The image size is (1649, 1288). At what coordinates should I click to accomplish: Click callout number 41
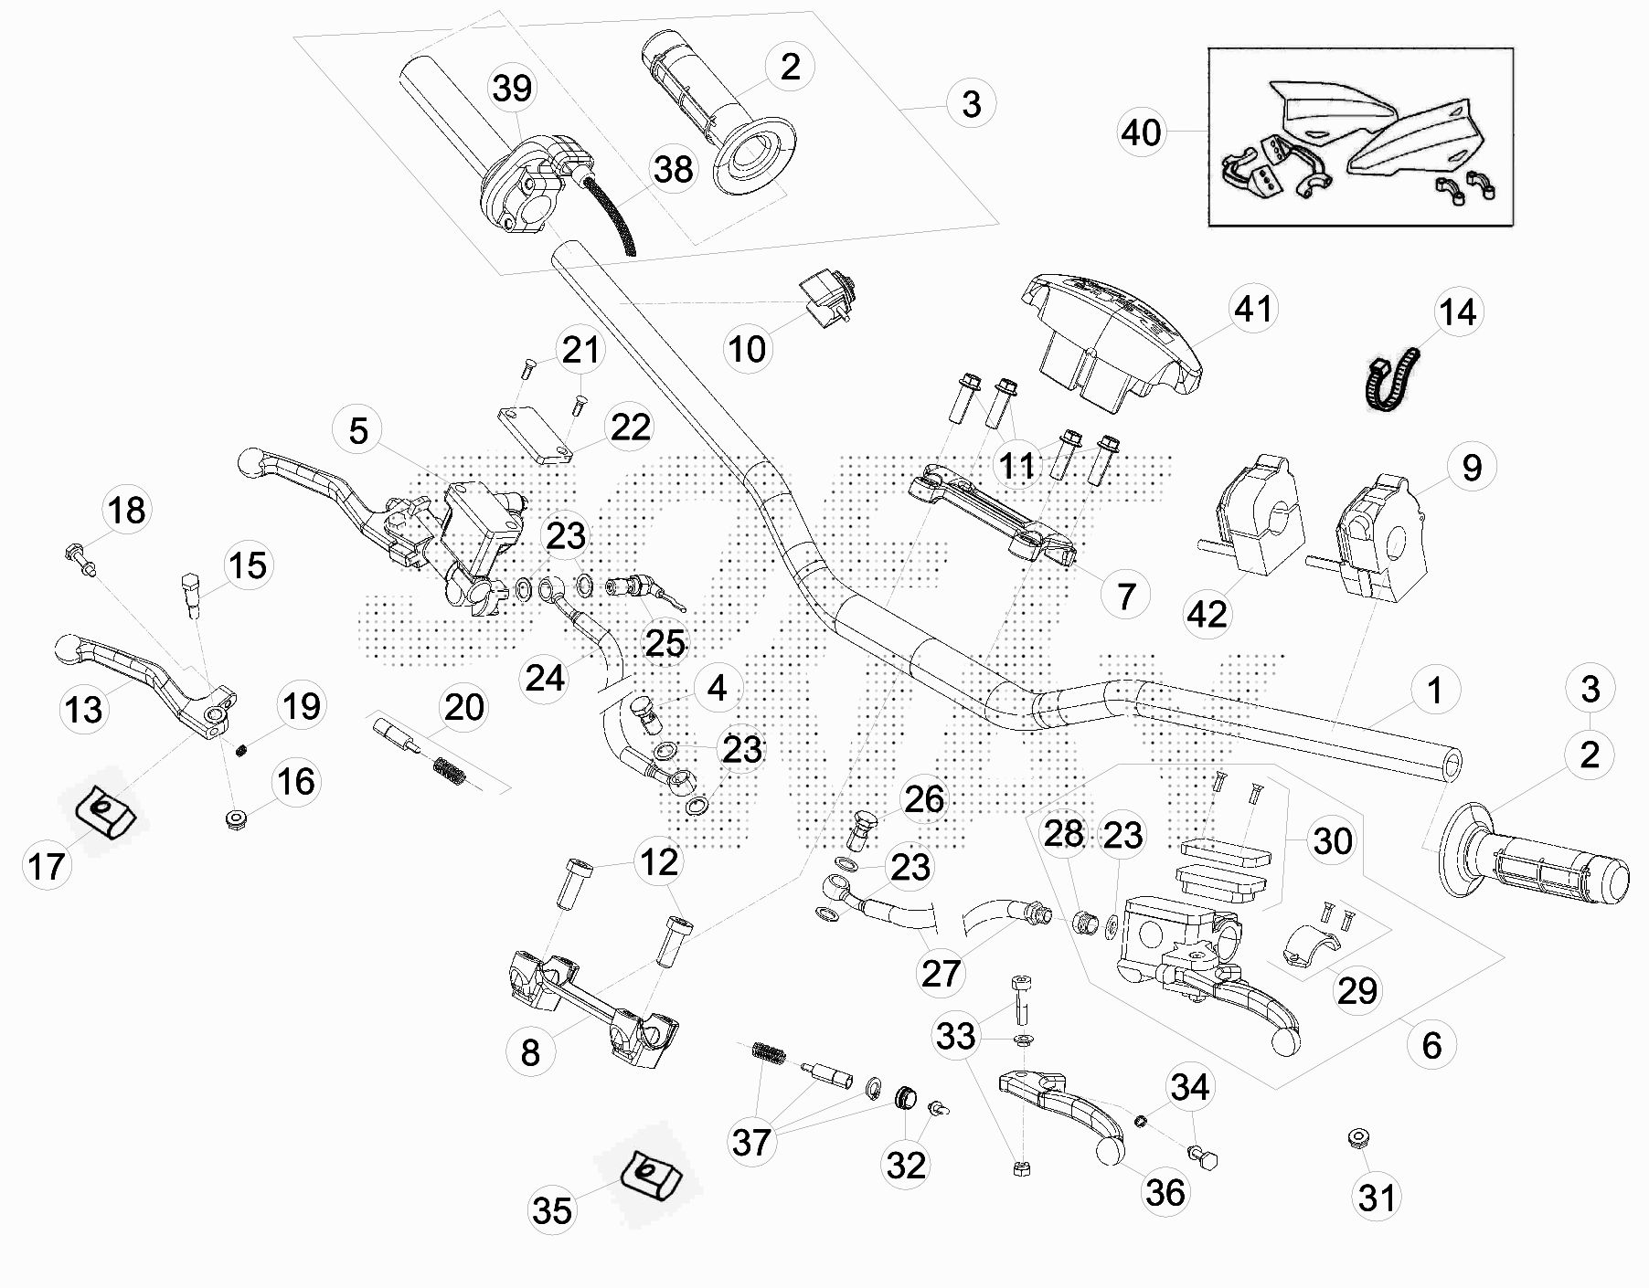(1253, 308)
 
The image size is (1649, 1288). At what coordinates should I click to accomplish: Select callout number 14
(1457, 311)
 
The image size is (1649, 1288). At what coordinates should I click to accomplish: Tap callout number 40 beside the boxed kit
(1141, 132)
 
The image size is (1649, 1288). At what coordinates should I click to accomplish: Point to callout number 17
(47, 865)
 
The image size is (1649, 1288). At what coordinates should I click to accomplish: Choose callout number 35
(552, 1210)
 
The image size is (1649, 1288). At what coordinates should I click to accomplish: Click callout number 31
(1377, 1197)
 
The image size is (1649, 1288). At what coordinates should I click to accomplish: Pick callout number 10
(747, 348)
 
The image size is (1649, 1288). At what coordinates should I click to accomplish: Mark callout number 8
(530, 1052)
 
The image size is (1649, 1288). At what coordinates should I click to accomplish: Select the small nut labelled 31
(1357, 1138)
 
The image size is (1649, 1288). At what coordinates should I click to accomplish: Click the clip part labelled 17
(102, 809)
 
